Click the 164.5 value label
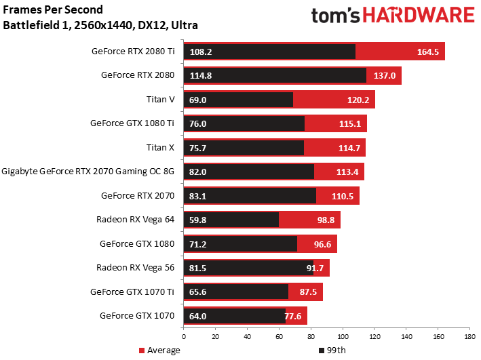click(427, 52)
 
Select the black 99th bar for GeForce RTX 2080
click(275, 75)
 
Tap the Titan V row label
click(160, 100)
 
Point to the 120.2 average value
click(358, 100)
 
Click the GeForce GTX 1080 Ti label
click(132, 123)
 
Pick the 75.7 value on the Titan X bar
click(197, 148)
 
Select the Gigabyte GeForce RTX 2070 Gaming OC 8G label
click(88, 171)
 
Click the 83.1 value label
click(197, 196)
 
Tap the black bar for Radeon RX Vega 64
click(231, 220)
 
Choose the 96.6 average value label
click(322, 244)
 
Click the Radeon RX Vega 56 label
click(135, 268)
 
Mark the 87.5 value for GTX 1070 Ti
click(308, 292)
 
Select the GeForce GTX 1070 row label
click(137, 315)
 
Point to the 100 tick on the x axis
click(343, 337)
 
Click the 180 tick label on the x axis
click(469, 337)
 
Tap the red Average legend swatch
click(141, 351)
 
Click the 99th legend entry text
click(336, 351)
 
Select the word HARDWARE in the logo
click(419, 16)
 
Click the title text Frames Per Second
click(53, 9)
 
